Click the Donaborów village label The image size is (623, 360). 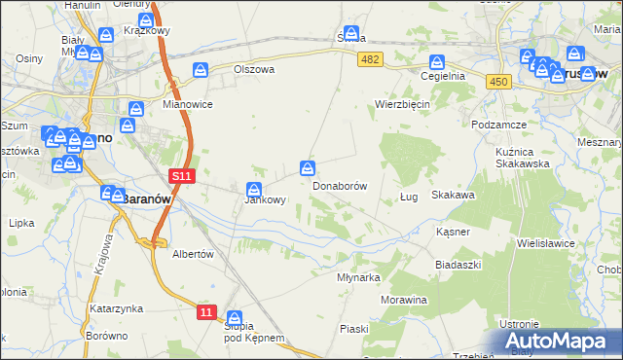coord(340,185)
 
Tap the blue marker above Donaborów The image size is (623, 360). coord(309,168)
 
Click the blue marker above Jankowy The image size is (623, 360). coord(254,189)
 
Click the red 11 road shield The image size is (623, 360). coord(205,311)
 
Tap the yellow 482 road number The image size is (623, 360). coord(371,60)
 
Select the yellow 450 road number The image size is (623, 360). coord(497,82)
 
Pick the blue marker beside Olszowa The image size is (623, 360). coord(201,70)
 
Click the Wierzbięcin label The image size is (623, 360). coord(403,103)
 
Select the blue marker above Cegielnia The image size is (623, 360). coord(438,61)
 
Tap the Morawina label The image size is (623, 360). coord(405,300)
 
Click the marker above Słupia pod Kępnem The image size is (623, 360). coord(234,318)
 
